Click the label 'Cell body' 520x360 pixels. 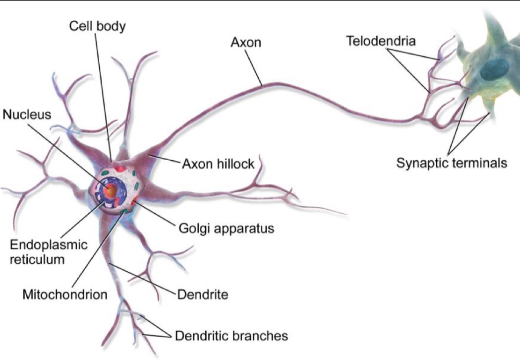pyautogui.click(x=97, y=26)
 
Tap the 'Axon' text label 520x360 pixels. pyautogui.click(x=245, y=43)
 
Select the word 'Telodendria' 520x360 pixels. pyautogui.click(x=381, y=41)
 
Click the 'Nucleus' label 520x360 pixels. pyautogui.click(x=27, y=115)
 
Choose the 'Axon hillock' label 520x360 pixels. pyautogui.click(x=218, y=164)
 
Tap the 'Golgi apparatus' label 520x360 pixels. pyautogui.click(x=226, y=229)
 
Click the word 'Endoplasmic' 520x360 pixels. pyautogui.click(x=49, y=245)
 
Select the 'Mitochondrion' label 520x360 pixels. pyautogui.click(x=65, y=295)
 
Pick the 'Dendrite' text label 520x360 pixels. pyautogui.click(x=203, y=295)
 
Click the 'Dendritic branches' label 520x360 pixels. pyautogui.click(x=231, y=336)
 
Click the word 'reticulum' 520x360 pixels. pyautogui.click(x=38, y=259)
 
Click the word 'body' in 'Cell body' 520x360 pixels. pyautogui.click(x=111, y=26)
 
